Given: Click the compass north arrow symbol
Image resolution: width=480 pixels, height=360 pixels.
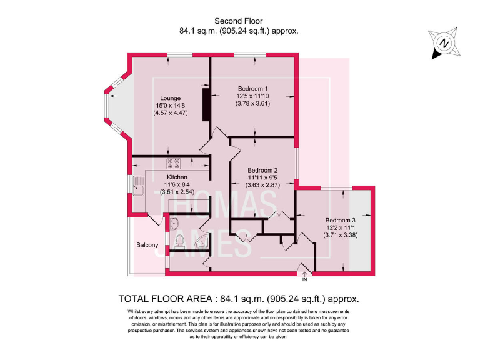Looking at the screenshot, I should pos(443,43).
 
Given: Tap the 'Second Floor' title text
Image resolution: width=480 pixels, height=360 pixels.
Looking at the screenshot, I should pos(240,21).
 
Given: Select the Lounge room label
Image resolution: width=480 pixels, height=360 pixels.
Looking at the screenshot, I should pos(170,98).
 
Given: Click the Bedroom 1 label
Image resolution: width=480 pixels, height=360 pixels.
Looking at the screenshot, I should pos(252,88).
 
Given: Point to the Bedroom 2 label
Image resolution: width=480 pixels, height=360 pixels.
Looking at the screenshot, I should pos(262,171).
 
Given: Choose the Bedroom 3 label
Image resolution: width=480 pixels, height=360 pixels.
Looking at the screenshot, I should pos(340,221).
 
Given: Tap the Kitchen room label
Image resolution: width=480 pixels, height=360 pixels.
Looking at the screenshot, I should pos(177,177).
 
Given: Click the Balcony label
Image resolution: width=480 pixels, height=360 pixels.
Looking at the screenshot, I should pos(147,245).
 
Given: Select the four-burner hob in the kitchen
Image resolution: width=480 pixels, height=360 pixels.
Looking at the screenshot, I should pos(173,163).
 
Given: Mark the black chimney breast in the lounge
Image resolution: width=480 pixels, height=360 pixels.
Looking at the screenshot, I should pos(204,104).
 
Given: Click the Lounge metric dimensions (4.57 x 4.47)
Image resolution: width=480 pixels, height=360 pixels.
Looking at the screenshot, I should pos(170,113).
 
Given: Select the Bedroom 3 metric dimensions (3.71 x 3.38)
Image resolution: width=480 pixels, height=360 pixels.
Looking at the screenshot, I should pos(340,236).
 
